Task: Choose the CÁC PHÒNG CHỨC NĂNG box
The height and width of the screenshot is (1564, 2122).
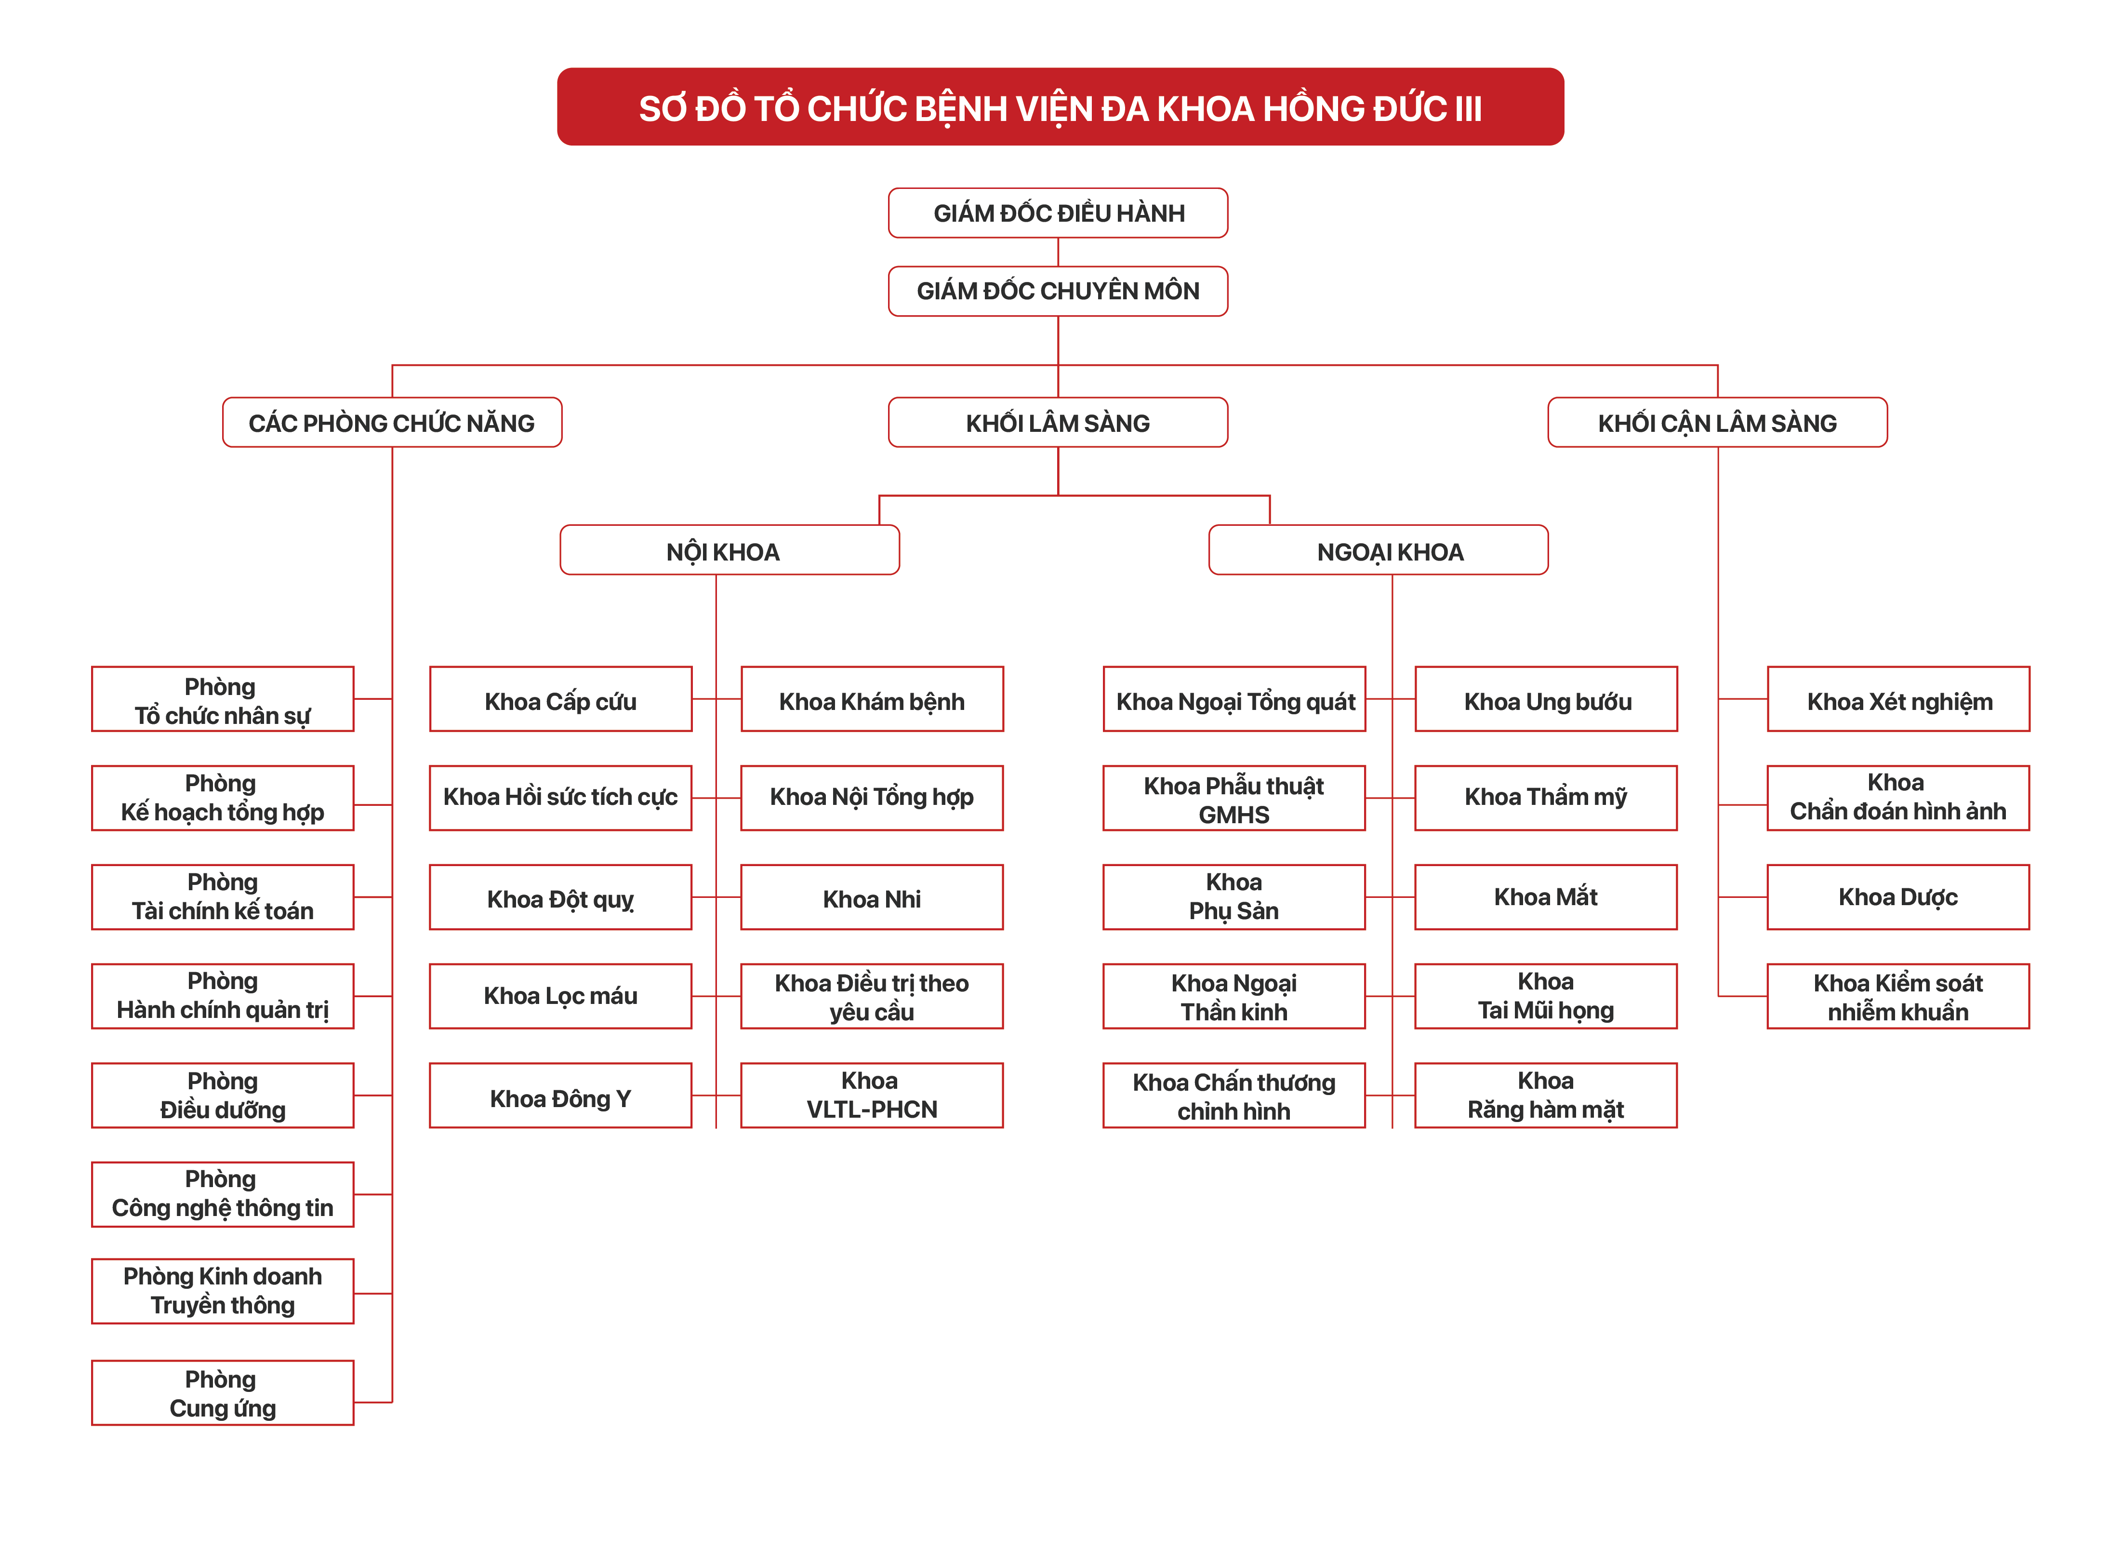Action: click(x=392, y=422)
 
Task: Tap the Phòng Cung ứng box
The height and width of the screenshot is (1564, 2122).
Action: click(x=223, y=1392)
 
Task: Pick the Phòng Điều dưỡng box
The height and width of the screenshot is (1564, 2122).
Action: click(x=223, y=1096)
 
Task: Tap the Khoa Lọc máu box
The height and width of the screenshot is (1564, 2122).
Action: click(x=560, y=996)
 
